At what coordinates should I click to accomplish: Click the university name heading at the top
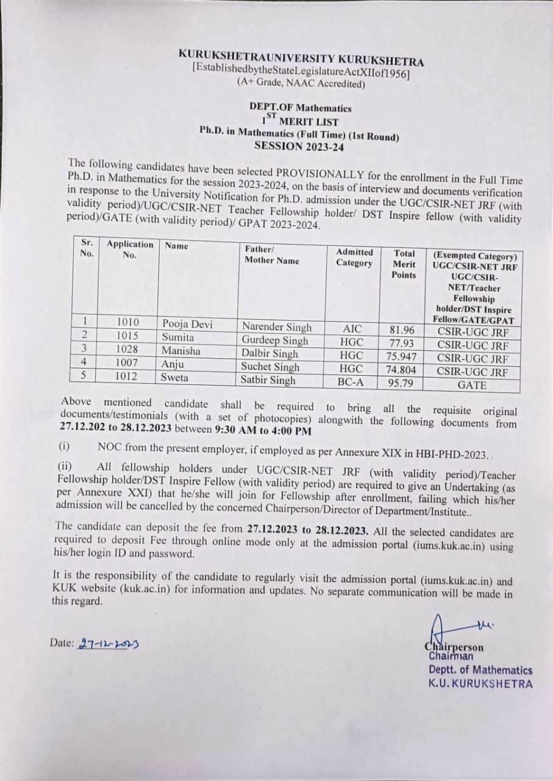[301, 57]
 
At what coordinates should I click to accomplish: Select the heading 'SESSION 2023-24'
[295, 145]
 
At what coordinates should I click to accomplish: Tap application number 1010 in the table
[127, 323]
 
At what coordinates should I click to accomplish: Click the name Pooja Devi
[187, 325]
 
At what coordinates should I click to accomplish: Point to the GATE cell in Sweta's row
[472, 385]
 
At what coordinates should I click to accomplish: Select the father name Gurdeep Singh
[275, 340]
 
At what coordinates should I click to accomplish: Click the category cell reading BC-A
[351, 383]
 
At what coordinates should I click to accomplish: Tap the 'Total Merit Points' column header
[404, 264]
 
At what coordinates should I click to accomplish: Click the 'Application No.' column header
[129, 249]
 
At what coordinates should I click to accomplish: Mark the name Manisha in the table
[180, 351]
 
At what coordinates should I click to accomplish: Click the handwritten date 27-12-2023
[108, 643]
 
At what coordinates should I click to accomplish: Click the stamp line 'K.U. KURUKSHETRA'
[480, 683]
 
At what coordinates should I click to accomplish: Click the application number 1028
[127, 350]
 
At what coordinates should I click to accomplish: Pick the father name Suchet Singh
[270, 367]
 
